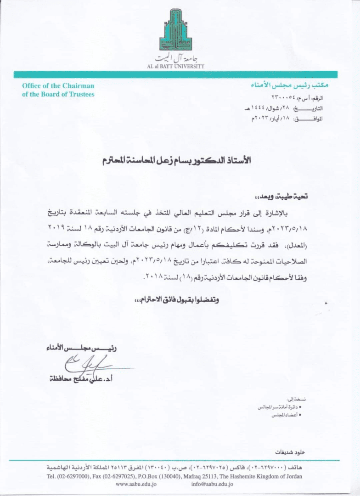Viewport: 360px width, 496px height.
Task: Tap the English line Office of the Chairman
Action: tap(58, 86)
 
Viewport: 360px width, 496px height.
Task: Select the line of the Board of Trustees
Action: tap(58, 94)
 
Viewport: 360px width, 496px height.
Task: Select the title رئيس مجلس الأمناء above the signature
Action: tap(81, 348)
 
